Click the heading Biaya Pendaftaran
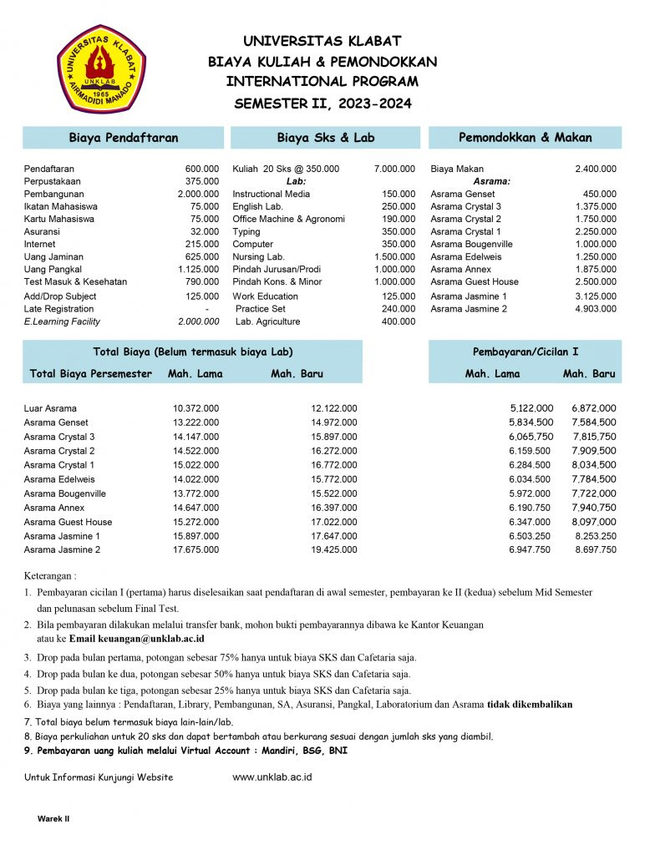(x=123, y=138)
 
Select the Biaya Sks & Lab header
(x=326, y=138)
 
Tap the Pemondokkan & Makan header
(x=525, y=138)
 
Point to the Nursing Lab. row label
(x=258, y=257)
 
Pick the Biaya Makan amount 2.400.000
(x=596, y=169)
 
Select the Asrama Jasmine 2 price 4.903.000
(x=596, y=309)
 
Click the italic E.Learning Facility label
(x=62, y=321)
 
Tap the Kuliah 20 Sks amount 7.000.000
(x=394, y=169)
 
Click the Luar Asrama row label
(x=50, y=408)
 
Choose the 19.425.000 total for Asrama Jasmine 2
(x=334, y=550)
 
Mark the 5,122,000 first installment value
(x=531, y=408)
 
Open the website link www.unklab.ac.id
(x=272, y=777)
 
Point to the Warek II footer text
(x=53, y=819)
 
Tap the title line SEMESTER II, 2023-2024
(x=322, y=104)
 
